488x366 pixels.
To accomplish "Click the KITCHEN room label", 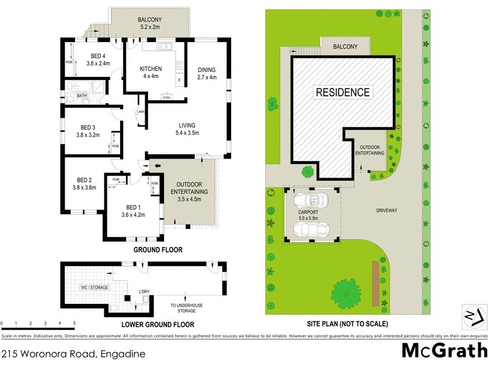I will (x=150, y=69).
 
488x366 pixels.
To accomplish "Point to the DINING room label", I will (x=207, y=70).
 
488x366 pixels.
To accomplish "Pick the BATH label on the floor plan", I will (x=82, y=95).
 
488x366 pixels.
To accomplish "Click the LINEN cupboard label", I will (x=141, y=112).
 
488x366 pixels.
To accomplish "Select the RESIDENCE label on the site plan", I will (x=342, y=93).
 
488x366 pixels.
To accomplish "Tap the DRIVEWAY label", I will (x=387, y=210).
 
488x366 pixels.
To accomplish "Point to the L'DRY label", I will (x=144, y=292).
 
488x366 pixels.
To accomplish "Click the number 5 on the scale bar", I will (x=74, y=323).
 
